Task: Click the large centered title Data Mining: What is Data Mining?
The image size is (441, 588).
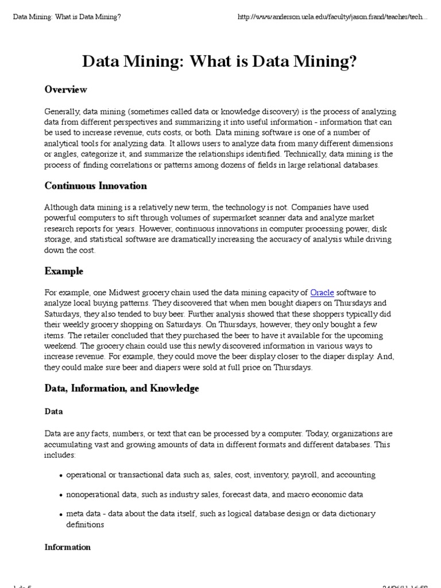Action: point(220,61)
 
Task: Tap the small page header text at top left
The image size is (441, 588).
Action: point(67,17)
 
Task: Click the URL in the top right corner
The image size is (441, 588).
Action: point(332,17)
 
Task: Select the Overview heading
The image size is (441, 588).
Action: point(66,90)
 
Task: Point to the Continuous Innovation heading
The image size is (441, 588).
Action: point(96,185)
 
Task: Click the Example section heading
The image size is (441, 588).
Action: point(64,271)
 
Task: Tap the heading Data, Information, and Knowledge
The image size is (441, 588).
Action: point(122,388)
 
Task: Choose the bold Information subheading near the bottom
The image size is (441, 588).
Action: point(68,547)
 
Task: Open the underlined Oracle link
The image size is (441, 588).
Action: point(322,293)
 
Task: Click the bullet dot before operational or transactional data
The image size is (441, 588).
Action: point(61,476)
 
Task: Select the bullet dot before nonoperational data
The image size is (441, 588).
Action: point(61,495)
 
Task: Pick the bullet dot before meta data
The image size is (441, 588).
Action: point(61,514)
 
